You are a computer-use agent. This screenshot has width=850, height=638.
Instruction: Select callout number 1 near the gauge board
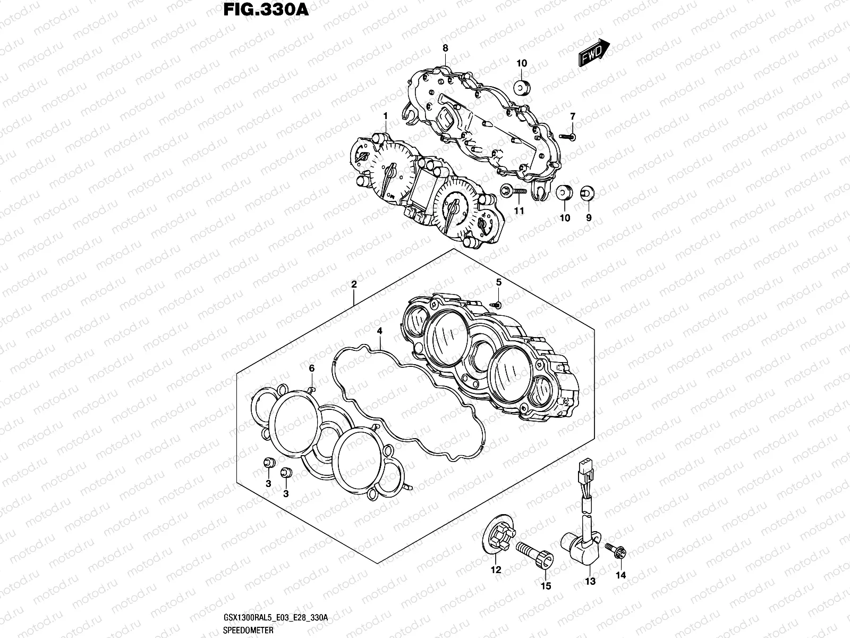pyautogui.click(x=386, y=116)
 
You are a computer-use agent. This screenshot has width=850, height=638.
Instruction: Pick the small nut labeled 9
pyautogui.click(x=587, y=193)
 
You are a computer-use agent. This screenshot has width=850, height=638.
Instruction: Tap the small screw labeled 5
pyautogui.click(x=497, y=304)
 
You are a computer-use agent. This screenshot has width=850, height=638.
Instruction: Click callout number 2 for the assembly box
pyautogui.click(x=354, y=285)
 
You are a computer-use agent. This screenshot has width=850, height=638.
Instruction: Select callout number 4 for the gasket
pyautogui.click(x=379, y=331)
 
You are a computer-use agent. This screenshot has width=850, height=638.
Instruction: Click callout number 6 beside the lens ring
pyautogui.click(x=312, y=368)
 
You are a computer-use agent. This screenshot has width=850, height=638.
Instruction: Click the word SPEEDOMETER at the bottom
pyautogui.click(x=249, y=630)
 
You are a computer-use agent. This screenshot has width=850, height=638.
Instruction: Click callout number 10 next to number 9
pyautogui.click(x=565, y=218)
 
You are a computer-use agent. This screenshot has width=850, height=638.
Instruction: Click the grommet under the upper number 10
pyautogui.click(x=522, y=87)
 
